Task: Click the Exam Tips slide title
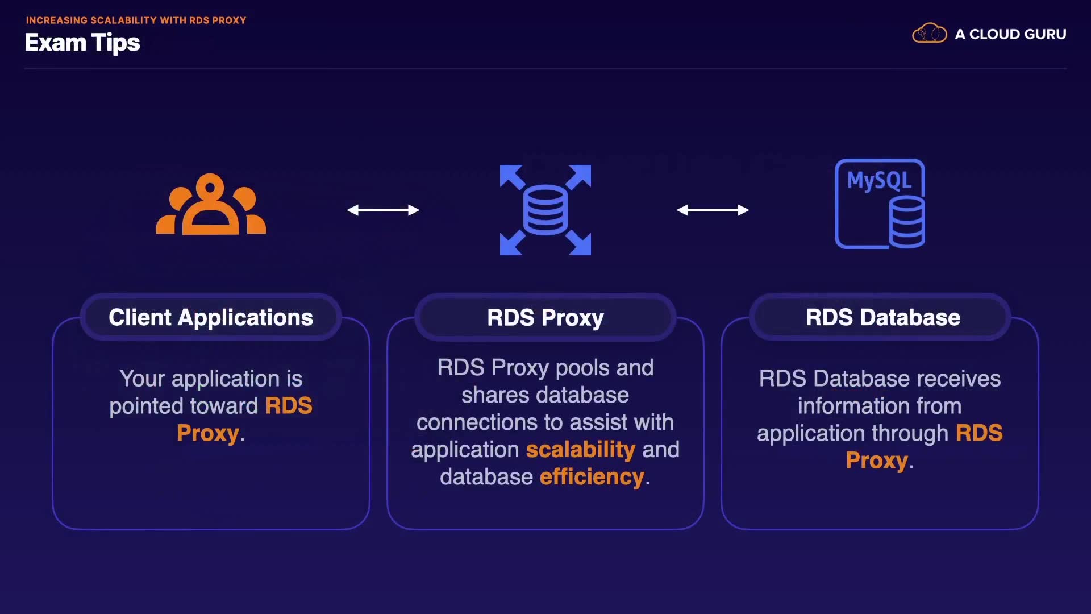click(x=82, y=43)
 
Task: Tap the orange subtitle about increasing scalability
click(x=136, y=20)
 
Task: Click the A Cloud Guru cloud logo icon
click(x=929, y=34)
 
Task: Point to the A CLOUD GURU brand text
click(x=1010, y=34)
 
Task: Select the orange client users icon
click(x=211, y=204)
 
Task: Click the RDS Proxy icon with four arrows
click(x=545, y=210)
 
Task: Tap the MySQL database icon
click(x=880, y=204)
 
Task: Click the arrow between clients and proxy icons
click(x=383, y=210)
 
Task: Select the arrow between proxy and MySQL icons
click(x=713, y=210)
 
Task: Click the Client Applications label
click(x=211, y=317)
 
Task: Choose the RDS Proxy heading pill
click(x=545, y=317)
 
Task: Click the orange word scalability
click(x=581, y=450)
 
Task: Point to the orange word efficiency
click(x=592, y=477)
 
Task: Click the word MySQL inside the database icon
click(x=879, y=181)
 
